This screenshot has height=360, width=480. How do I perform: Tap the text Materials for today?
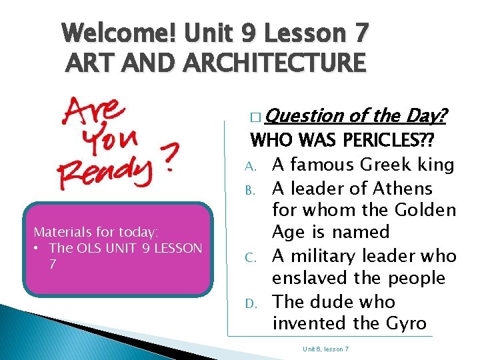pos(96,232)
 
